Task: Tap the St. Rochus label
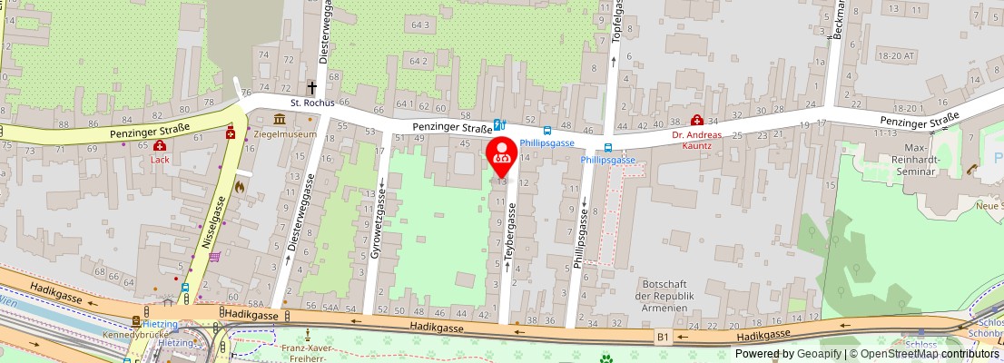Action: pyautogui.click(x=312, y=103)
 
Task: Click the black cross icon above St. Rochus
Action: pyautogui.click(x=311, y=88)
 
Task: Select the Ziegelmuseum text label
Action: pyautogui.click(x=285, y=134)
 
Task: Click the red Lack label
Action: pyautogui.click(x=160, y=158)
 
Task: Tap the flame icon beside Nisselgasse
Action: pyautogui.click(x=240, y=186)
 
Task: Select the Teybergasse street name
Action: pyautogui.click(x=510, y=236)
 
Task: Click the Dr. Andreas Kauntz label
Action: pyautogui.click(x=696, y=141)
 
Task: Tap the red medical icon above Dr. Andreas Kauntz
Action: pyautogui.click(x=696, y=121)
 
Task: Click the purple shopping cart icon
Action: pyautogui.click(x=214, y=257)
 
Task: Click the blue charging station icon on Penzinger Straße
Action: pyautogui.click(x=498, y=124)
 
